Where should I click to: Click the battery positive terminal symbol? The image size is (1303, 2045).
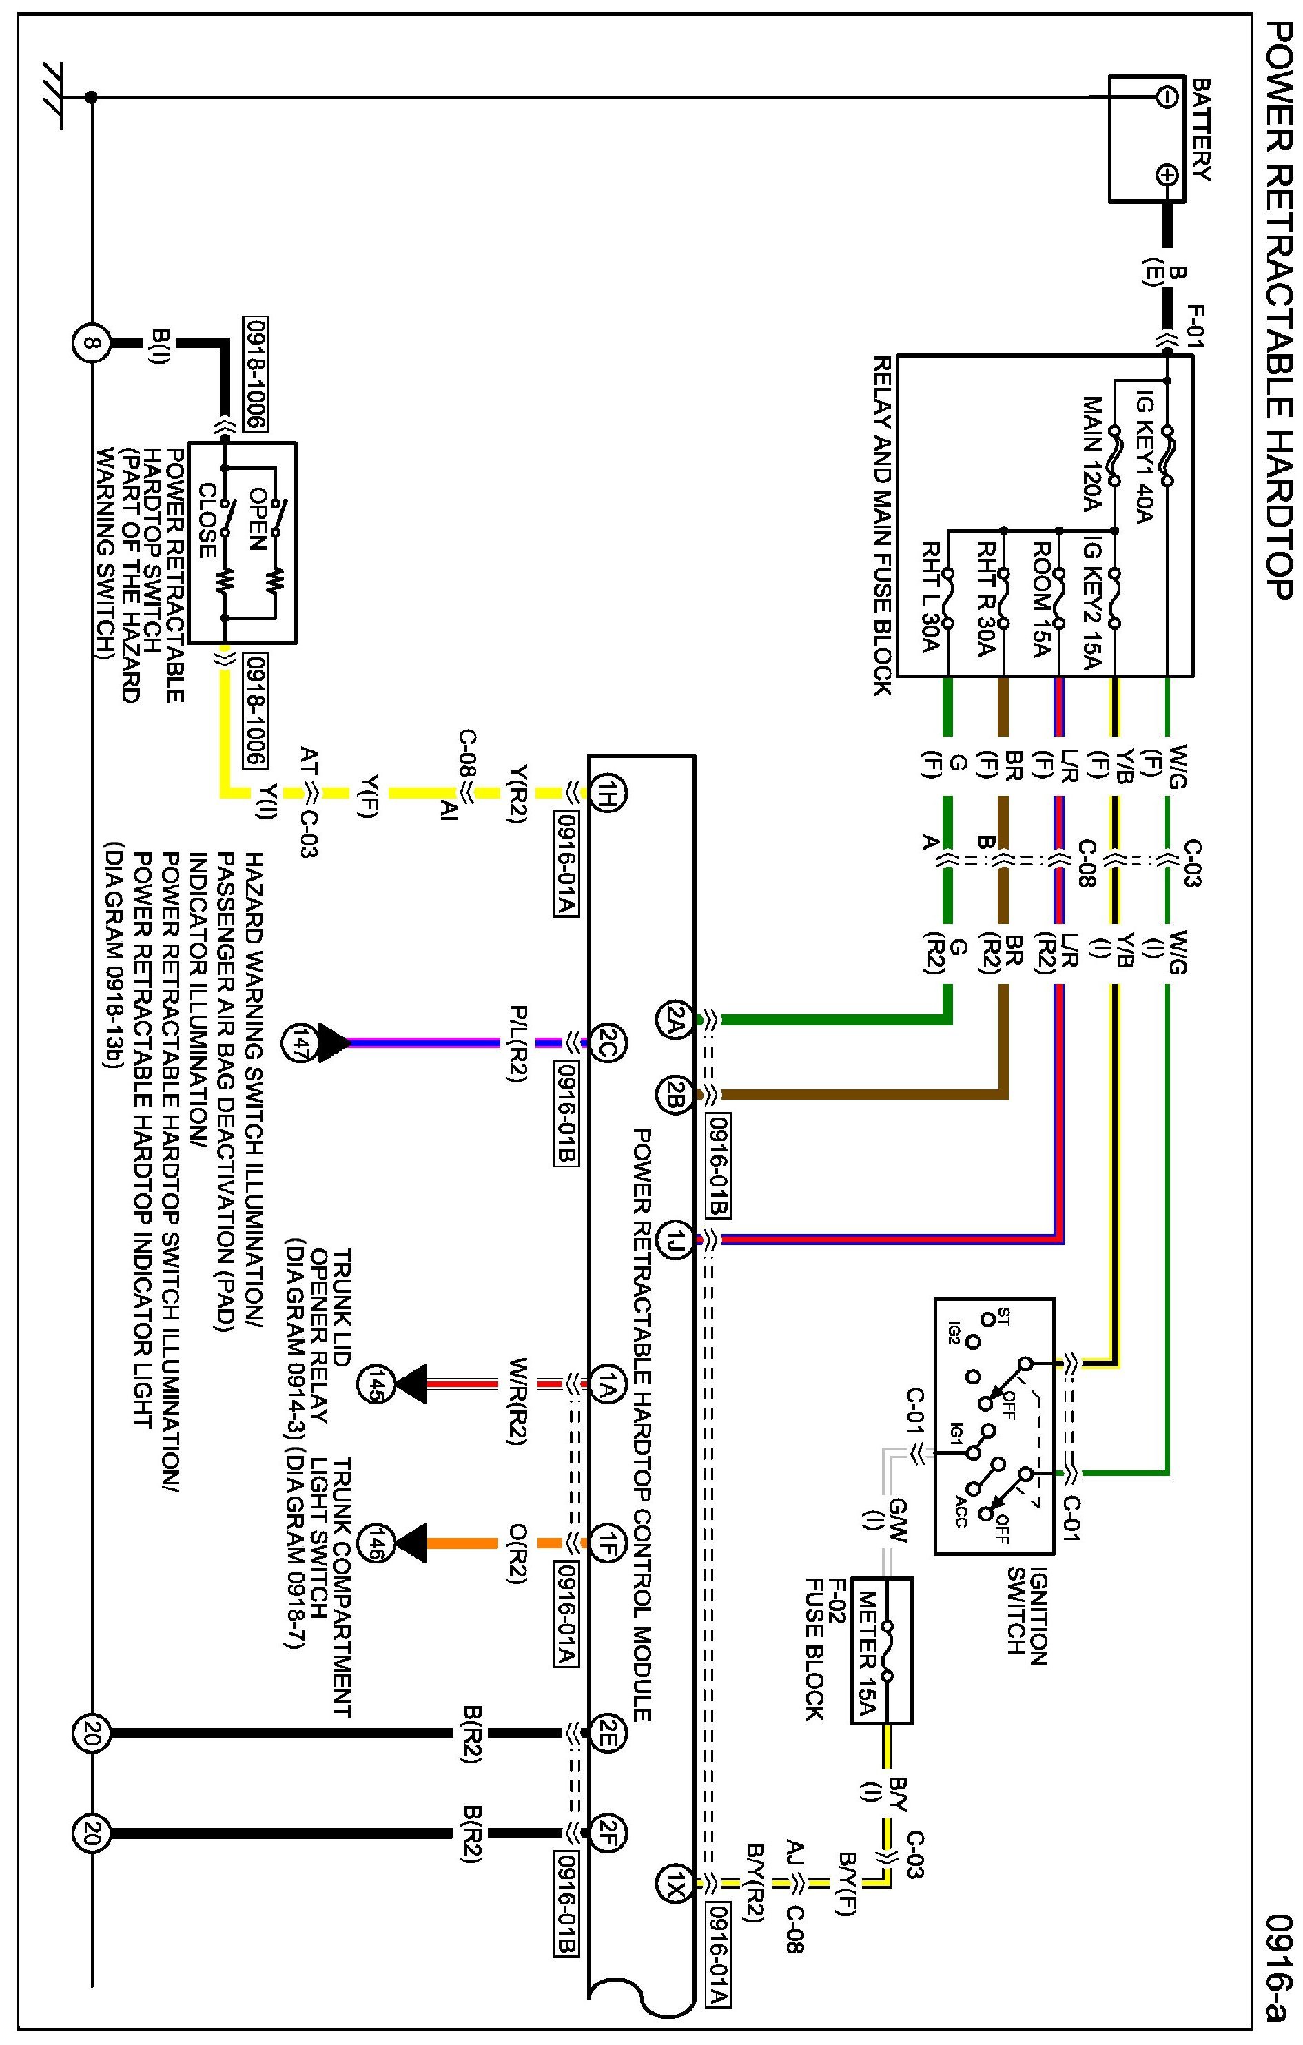pyautogui.click(x=1167, y=176)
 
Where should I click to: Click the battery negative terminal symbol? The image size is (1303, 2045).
pyautogui.click(x=1167, y=97)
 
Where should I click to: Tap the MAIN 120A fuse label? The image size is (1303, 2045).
pyautogui.click(x=1091, y=454)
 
